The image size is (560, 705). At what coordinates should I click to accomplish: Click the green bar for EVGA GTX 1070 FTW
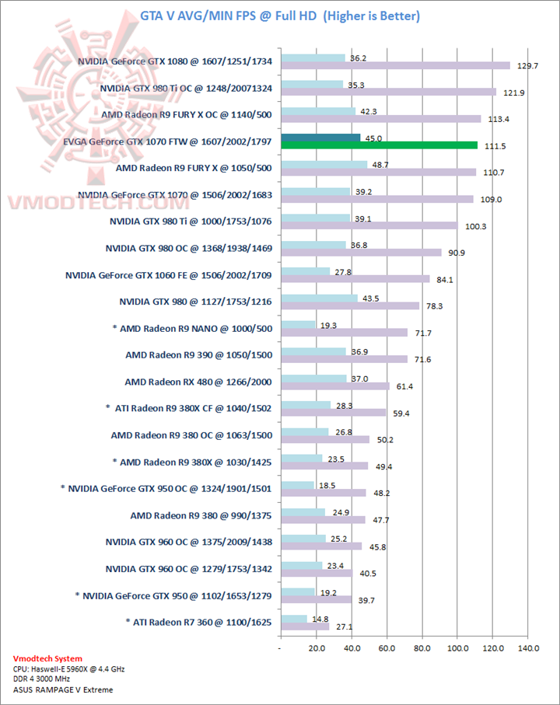pos(379,145)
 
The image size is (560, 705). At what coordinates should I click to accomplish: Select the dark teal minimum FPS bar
pos(320,138)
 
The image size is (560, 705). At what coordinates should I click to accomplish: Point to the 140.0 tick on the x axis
pos(527,647)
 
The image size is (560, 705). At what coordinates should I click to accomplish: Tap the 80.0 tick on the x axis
pos(422,647)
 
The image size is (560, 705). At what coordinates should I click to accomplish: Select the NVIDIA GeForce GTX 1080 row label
pos(175,61)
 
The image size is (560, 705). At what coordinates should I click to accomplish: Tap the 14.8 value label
pos(320,619)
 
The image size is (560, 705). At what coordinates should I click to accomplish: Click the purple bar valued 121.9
pos(388,92)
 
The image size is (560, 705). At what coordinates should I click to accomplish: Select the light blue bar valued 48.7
pos(324,165)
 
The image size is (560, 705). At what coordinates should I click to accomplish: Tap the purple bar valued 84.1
pos(355,279)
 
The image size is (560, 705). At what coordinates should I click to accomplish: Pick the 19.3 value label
pos(328,325)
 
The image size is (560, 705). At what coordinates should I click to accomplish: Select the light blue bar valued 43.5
pos(319,298)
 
